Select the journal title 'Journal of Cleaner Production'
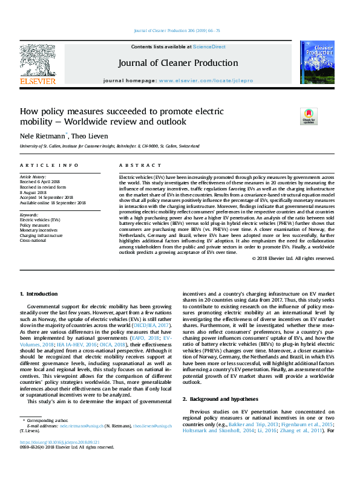[x=177, y=63]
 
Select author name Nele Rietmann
[x=42, y=136]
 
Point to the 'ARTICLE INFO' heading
[x=49, y=165]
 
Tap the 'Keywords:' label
[x=30, y=215]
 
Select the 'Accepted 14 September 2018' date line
[x=47, y=198]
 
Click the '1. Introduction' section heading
[x=39, y=294]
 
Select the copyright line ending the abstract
[x=293, y=258]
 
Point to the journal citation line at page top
[x=180, y=31]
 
